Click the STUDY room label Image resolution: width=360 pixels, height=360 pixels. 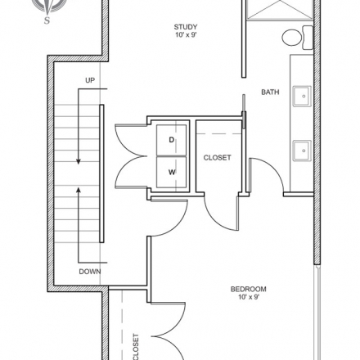[x=186, y=27]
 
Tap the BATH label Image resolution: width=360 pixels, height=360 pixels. [x=270, y=92]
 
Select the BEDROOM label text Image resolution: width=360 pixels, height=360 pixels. [x=249, y=289]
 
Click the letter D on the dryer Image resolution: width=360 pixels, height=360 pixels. [x=171, y=140]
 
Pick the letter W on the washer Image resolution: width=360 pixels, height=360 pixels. [x=172, y=172]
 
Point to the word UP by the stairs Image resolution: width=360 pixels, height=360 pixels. [x=90, y=80]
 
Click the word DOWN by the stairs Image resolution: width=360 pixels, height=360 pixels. [x=90, y=272]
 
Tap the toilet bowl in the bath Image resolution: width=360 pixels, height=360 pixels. [x=292, y=38]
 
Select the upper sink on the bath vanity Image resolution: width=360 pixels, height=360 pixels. [x=302, y=96]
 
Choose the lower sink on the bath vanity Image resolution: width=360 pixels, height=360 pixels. [x=302, y=151]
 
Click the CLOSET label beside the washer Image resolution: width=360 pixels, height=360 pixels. [x=218, y=158]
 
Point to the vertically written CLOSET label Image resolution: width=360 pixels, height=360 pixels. [x=136, y=347]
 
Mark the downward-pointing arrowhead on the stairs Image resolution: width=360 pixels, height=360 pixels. [x=79, y=161]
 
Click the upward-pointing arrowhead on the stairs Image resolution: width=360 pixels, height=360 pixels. [x=79, y=191]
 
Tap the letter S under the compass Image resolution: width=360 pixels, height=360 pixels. [x=47, y=20]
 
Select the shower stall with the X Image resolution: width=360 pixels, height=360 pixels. [x=280, y=10]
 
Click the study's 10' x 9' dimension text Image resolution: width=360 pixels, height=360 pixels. [x=186, y=35]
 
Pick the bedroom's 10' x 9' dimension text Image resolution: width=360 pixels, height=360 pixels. [x=249, y=297]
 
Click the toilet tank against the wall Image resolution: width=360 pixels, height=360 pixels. [x=308, y=38]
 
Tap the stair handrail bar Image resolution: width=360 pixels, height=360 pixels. [x=101, y=173]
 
